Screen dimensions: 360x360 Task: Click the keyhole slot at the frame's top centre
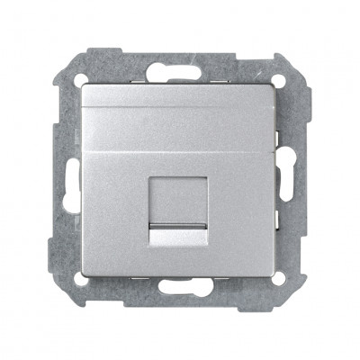(180, 67)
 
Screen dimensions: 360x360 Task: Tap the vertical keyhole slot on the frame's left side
(66, 180)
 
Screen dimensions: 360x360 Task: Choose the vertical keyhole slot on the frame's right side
(294, 180)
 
